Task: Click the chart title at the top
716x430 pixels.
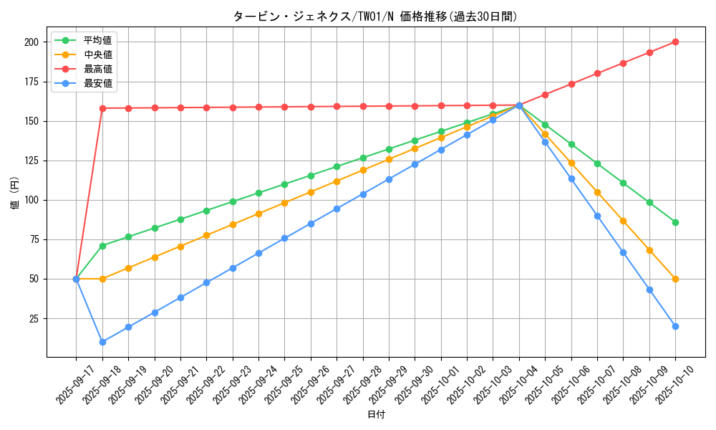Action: tap(375, 16)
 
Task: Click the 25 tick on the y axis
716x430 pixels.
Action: tap(33, 318)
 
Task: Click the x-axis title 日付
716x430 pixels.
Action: tap(376, 415)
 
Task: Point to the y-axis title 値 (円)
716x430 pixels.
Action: tap(15, 193)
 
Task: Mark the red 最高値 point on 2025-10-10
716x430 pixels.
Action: tap(675, 42)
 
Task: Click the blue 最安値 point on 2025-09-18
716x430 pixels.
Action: tap(102, 342)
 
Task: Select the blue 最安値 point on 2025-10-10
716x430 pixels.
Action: tap(675, 326)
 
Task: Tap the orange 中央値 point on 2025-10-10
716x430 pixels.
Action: tap(675, 279)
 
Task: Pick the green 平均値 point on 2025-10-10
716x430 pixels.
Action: tap(675, 222)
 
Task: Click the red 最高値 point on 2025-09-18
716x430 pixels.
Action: tap(102, 108)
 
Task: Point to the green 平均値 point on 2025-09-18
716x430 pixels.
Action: tap(102, 246)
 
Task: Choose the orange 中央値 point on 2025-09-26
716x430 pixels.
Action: tap(311, 192)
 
